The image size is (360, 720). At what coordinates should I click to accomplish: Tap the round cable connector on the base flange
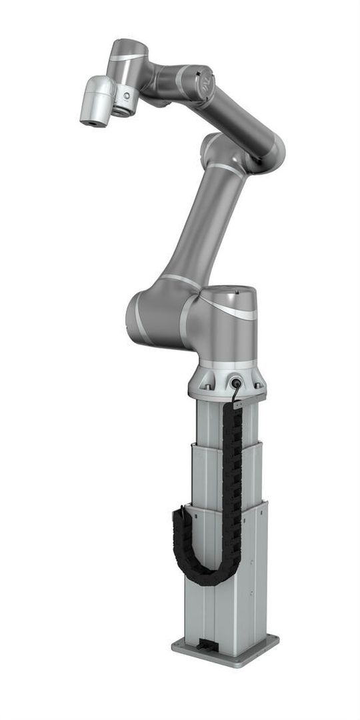pos(235,383)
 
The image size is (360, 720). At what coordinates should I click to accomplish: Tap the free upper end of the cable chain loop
pos(179,513)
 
